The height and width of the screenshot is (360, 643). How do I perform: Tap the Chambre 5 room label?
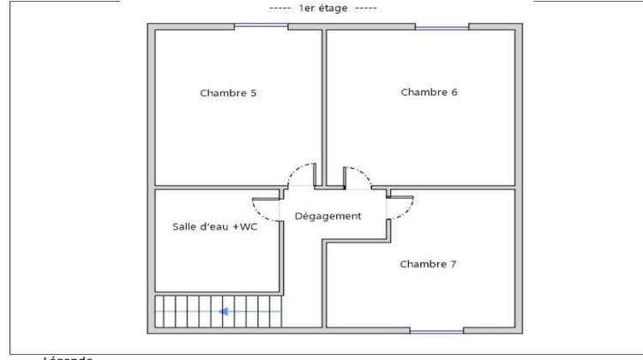[228, 93]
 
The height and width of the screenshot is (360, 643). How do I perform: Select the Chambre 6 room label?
[430, 92]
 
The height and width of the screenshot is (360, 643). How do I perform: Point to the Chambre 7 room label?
[428, 264]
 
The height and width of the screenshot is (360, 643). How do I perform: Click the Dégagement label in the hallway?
[328, 216]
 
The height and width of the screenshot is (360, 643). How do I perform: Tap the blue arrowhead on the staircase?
[223, 311]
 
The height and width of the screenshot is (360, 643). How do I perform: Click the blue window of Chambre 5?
[261, 27]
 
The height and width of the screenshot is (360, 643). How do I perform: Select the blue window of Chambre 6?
[442, 27]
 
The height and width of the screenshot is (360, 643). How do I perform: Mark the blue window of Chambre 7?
[436, 329]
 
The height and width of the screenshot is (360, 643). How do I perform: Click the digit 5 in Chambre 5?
[253, 93]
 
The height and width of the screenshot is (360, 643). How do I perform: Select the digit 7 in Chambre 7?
[454, 264]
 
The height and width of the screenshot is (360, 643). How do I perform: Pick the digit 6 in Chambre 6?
[454, 92]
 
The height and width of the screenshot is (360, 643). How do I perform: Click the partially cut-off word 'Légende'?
[69, 356]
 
